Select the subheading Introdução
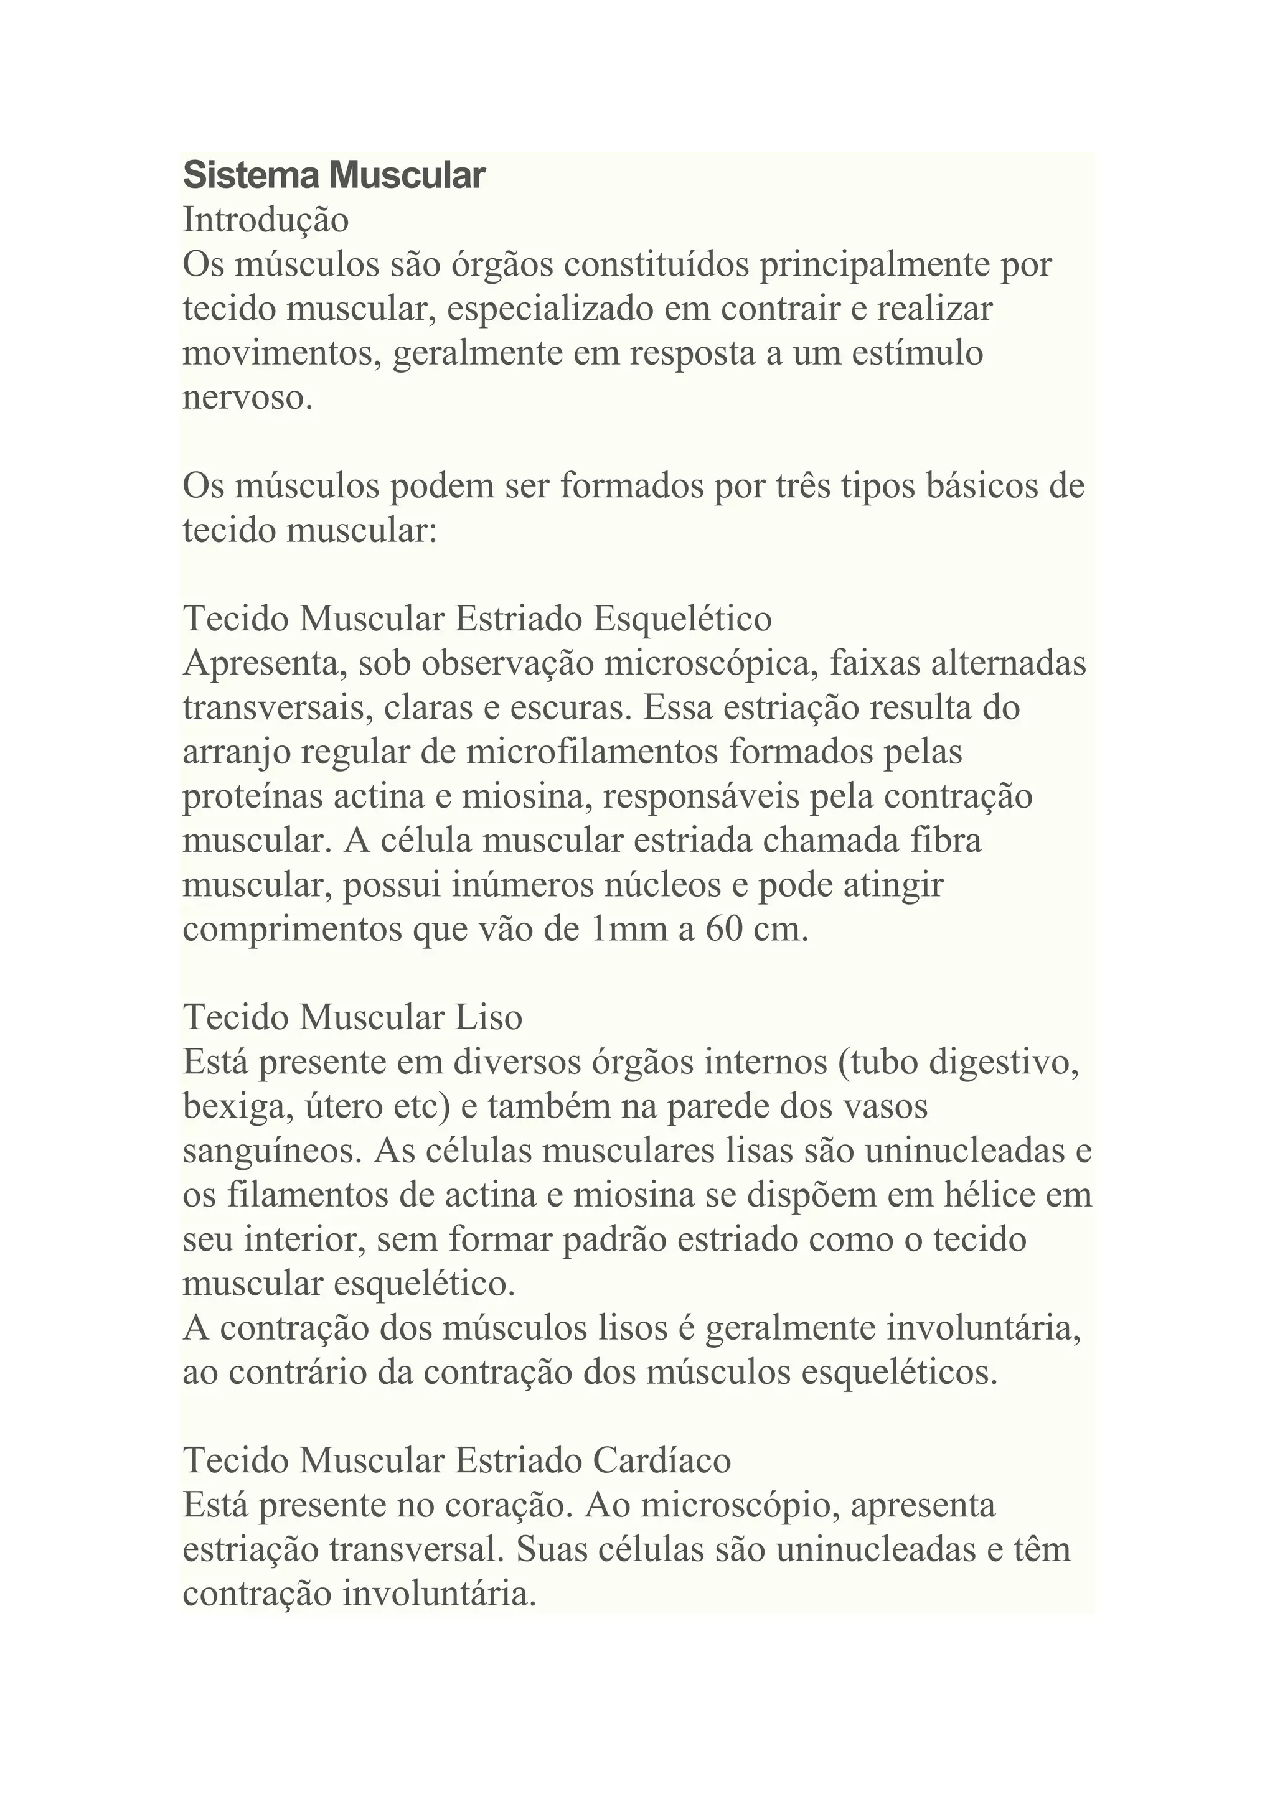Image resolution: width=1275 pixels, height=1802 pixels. pyautogui.click(x=265, y=220)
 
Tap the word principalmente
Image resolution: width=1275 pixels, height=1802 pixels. pyautogui.click(x=872, y=264)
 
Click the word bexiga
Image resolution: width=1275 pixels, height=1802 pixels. pyautogui.click(x=232, y=1106)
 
